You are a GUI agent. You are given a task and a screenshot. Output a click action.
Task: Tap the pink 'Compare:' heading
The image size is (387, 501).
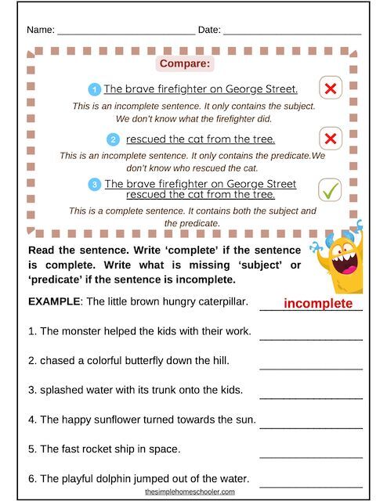[185, 63]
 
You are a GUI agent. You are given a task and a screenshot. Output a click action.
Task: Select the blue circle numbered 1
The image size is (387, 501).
[95, 89]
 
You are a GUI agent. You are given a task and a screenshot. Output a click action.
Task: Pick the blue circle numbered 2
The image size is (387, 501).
[114, 139]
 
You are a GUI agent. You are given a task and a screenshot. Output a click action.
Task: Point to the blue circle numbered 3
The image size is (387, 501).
[95, 185]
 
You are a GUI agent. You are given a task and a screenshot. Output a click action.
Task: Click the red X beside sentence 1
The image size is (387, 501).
[331, 88]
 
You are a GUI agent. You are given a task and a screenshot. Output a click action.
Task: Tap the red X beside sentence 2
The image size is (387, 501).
[331, 139]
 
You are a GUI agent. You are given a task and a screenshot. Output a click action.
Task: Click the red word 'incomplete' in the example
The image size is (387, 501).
[318, 304]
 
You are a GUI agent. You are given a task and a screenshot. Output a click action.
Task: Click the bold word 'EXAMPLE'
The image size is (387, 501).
[53, 301]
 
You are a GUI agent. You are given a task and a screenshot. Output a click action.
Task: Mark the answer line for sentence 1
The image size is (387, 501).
[311, 338]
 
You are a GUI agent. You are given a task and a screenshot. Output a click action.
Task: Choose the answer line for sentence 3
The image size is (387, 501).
[311, 397]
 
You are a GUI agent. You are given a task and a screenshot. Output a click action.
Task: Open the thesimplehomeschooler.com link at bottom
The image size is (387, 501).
[190, 492]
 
